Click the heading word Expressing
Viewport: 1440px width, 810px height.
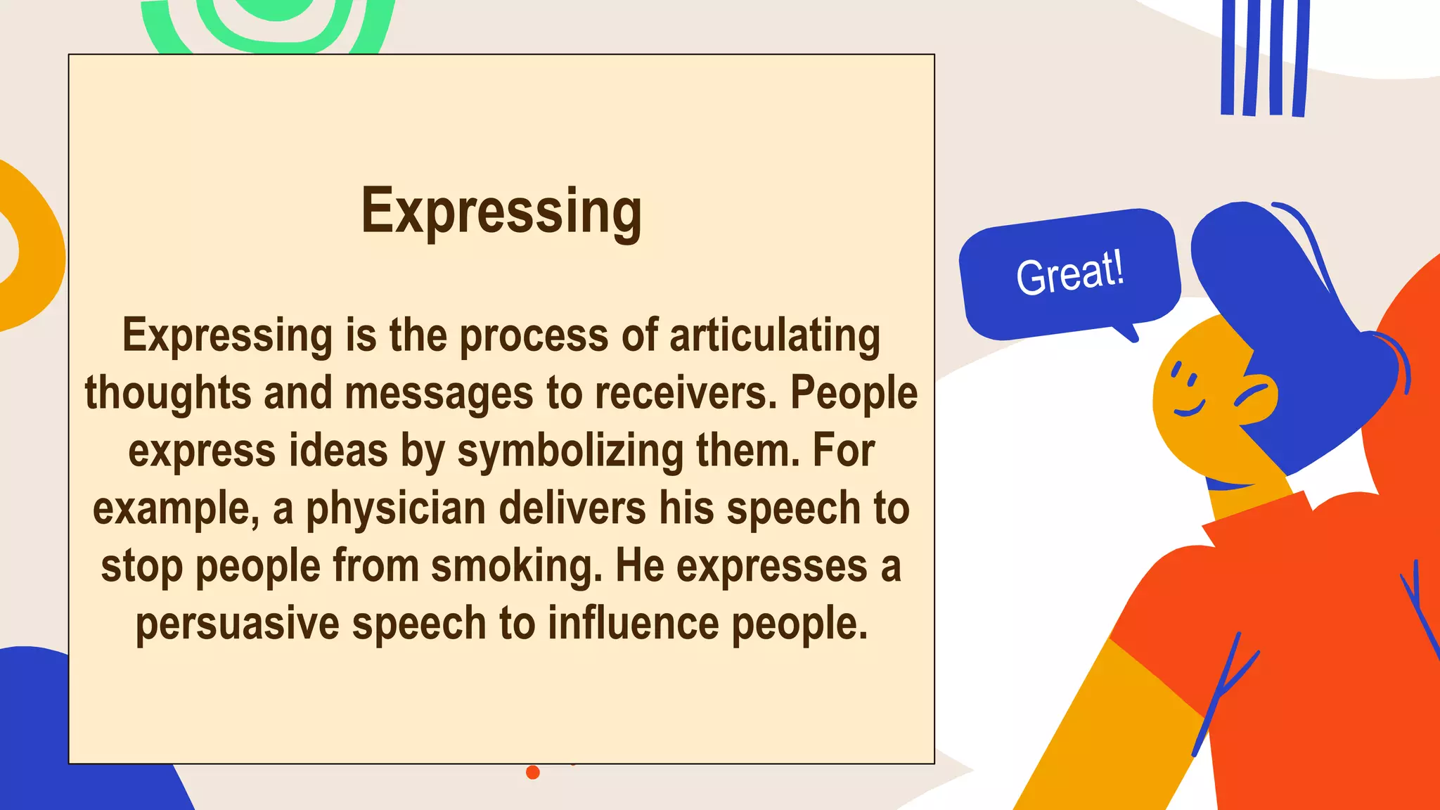tap(501, 211)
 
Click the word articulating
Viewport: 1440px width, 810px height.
tap(774, 335)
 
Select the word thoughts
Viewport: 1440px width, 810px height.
tap(167, 393)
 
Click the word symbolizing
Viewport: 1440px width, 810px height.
tap(570, 451)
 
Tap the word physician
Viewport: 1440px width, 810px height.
tap(396, 509)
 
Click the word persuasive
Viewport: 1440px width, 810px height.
tap(238, 624)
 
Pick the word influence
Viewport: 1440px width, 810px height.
tap(633, 624)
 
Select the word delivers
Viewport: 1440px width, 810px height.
tap(572, 508)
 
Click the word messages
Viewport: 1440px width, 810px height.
tap(439, 393)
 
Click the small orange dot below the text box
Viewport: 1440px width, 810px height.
tap(533, 772)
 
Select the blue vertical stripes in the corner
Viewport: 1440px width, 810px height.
tap(1265, 56)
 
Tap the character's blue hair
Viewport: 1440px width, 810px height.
tap(1294, 337)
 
